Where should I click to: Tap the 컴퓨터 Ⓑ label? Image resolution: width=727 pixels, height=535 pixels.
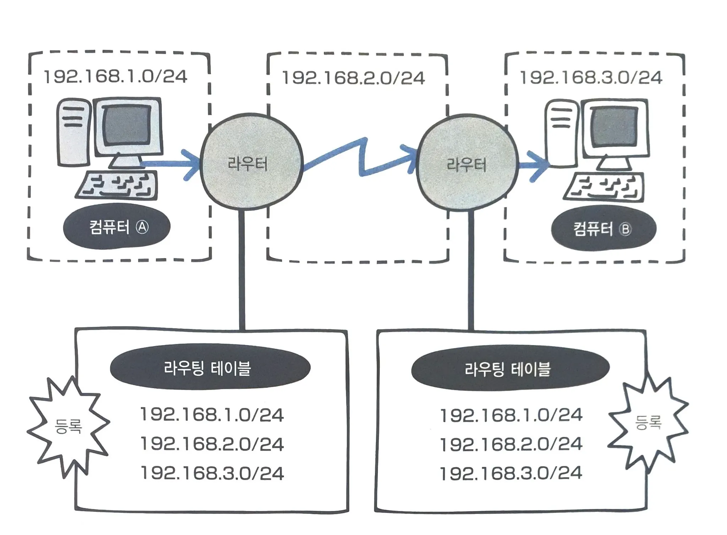click(x=603, y=229)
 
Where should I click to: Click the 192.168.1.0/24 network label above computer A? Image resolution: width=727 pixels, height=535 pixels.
click(x=115, y=77)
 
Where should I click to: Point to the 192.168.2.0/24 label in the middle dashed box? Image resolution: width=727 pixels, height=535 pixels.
click(x=353, y=78)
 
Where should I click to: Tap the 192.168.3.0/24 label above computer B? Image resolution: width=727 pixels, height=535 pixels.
click(x=591, y=78)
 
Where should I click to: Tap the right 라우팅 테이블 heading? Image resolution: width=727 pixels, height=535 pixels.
click(x=510, y=369)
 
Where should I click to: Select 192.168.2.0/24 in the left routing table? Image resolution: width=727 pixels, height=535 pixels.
click(x=212, y=444)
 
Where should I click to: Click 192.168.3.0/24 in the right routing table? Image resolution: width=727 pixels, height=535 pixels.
click(x=511, y=473)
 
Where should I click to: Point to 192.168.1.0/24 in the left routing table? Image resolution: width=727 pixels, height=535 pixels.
click(x=212, y=415)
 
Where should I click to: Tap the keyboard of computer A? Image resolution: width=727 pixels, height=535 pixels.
click(x=117, y=185)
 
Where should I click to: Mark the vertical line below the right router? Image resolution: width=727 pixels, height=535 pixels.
click(x=471, y=269)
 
